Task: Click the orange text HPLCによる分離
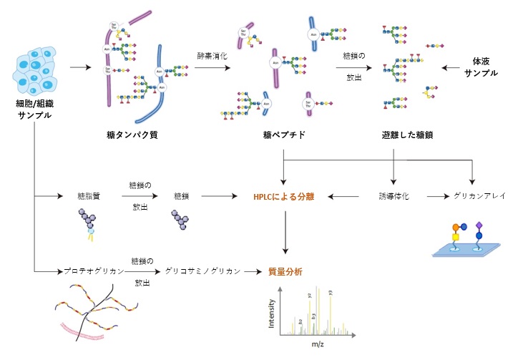coord(284,195)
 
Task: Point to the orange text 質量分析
coord(285,271)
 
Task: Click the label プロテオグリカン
coord(89,271)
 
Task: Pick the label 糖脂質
coord(90,195)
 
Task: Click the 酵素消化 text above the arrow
coord(213,54)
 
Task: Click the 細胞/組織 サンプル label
coord(34,110)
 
